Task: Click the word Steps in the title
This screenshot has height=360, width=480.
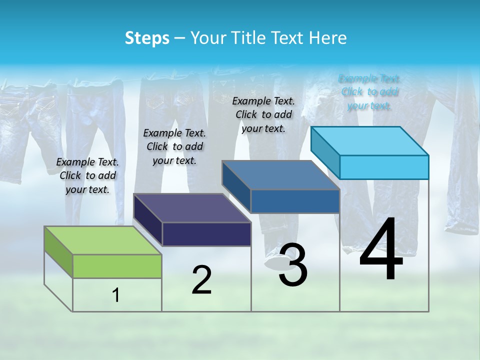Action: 147,38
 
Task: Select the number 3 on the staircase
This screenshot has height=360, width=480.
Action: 292,265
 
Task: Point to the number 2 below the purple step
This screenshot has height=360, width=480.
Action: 202,280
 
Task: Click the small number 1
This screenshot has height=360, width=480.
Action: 116,295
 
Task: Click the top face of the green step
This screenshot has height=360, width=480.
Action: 102,240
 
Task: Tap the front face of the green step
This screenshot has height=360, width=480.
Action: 117,266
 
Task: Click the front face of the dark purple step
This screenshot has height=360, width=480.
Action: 206,234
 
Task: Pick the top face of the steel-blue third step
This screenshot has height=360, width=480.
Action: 280,175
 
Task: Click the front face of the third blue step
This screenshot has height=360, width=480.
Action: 295,201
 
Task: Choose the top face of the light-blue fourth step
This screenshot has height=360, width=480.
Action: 369,140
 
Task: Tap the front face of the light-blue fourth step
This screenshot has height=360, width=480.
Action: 384,167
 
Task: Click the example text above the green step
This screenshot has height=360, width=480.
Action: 87,175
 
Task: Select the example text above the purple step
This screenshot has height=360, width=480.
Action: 174,146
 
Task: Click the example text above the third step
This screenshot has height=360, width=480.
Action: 263,114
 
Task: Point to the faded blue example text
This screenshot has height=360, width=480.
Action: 369,92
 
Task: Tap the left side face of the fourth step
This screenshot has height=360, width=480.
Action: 325,152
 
